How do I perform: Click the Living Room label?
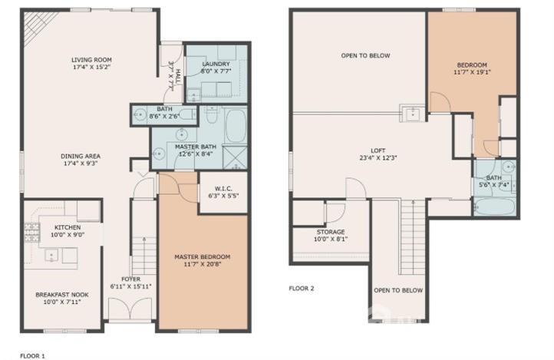(91, 60)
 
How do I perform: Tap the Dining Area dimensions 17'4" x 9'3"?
(79, 163)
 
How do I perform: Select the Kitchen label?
(68, 227)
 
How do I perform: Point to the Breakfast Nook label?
(62, 295)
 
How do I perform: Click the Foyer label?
(130, 279)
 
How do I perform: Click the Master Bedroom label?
(203, 257)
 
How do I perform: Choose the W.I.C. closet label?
(223, 189)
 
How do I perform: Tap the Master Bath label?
(196, 147)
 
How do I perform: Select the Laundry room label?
(216, 64)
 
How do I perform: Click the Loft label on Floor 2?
(378, 150)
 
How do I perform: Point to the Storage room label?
(331, 232)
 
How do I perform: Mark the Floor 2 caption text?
(302, 289)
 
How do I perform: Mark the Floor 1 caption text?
(32, 356)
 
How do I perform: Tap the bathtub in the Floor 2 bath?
(494, 206)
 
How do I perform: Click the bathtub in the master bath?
(236, 126)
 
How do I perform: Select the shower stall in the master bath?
(236, 157)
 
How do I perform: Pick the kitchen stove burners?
(31, 233)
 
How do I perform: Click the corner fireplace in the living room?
(36, 25)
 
